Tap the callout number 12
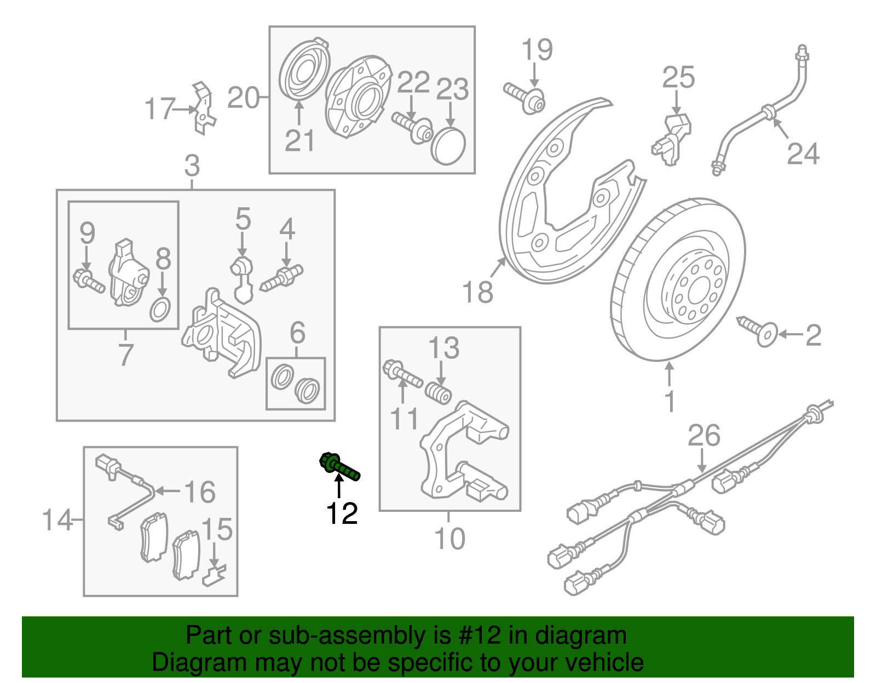[x=342, y=513]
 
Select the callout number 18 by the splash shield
[x=477, y=292]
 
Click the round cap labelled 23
[x=449, y=146]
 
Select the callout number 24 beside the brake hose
[x=803, y=154]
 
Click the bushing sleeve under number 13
[x=439, y=393]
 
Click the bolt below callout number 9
[x=89, y=280]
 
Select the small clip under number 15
[x=214, y=576]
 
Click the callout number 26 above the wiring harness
[x=704, y=436]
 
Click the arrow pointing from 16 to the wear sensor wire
[x=169, y=491]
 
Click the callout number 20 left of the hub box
[x=243, y=98]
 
